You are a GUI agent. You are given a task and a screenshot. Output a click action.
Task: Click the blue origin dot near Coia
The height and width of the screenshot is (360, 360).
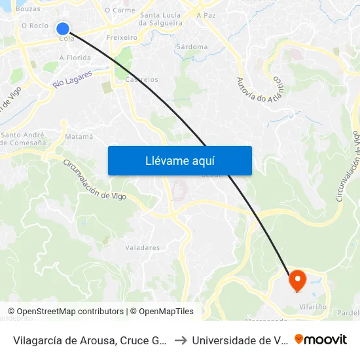(x=63, y=28)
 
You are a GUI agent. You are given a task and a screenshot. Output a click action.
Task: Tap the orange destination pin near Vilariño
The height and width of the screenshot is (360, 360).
(x=298, y=281)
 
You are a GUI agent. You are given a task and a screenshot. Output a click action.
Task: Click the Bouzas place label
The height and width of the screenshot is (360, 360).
(x=27, y=9)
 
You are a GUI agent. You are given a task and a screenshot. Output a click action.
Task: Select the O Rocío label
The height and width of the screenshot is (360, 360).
(x=35, y=26)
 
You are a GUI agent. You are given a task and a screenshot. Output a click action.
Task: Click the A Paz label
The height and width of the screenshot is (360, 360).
(x=207, y=14)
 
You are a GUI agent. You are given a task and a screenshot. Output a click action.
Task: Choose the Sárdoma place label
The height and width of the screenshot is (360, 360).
(x=192, y=47)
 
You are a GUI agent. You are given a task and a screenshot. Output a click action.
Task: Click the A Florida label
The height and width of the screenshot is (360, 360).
(x=75, y=58)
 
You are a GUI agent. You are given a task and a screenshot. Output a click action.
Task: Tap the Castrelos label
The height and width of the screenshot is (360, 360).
(x=141, y=79)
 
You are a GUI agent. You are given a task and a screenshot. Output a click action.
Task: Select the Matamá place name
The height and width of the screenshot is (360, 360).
(x=79, y=137)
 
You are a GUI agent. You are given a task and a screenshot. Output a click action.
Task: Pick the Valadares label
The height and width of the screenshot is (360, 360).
(x=142, y=248)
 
